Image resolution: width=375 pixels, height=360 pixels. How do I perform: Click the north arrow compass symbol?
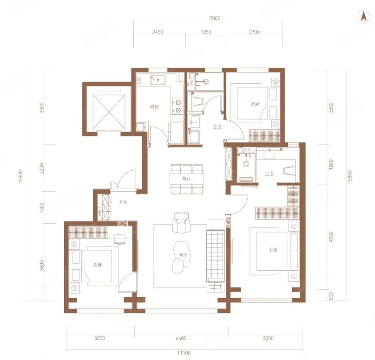(364, 17)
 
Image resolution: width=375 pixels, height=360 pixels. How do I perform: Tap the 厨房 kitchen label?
(154, 107)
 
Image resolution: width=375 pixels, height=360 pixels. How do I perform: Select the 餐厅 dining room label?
(186, 179)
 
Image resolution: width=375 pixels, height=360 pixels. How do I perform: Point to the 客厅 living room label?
(183, 255)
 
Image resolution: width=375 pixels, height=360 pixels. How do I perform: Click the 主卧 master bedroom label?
(273, 250)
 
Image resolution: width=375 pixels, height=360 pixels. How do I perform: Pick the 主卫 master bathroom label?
(269, 174)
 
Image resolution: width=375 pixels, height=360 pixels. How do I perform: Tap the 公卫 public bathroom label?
(217, 127)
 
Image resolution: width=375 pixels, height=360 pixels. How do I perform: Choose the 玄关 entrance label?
(123, 202)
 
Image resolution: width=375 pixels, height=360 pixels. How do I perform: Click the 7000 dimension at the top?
(215, 18)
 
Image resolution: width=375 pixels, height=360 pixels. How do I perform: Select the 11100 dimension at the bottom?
(184, 353)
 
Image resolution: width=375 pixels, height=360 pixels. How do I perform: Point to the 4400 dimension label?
(181, 338)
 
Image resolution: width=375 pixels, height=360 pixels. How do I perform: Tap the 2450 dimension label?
(158, 32)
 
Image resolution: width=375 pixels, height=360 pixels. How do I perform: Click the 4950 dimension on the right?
(331, 237)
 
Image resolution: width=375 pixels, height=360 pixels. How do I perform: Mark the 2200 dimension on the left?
(42, 168)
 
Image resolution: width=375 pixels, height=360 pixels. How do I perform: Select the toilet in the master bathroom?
(289, 170)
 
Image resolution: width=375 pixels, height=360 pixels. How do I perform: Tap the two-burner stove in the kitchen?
(178, 106)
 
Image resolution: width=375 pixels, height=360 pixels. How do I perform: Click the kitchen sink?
(158, 80)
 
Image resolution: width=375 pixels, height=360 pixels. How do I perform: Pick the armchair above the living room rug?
(181, 223)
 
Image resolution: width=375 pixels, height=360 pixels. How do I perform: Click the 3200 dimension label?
(100, 338)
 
